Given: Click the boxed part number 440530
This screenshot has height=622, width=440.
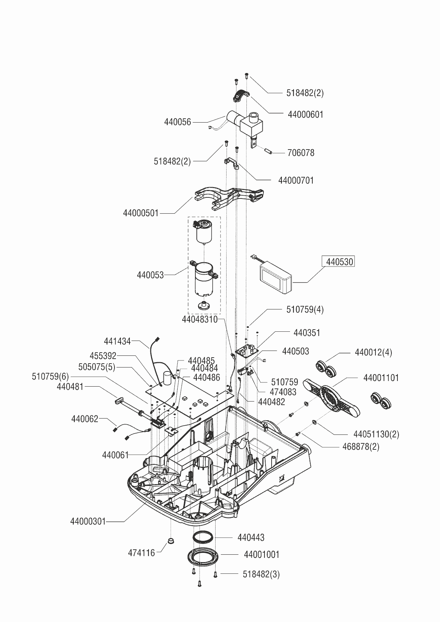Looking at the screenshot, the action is [x=340, y=262].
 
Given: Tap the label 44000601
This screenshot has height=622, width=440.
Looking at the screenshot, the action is [x=306, y=114].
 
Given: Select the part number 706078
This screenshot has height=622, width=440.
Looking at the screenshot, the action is [x=301, y=153].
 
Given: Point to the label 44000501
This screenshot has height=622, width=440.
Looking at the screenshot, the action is [x=141, y=213].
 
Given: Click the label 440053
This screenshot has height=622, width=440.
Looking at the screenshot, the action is [x=150, y=275].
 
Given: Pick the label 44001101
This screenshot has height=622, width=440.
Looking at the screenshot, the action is [x=381, y=378].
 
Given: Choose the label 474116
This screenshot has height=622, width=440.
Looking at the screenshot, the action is [x=141, y=553].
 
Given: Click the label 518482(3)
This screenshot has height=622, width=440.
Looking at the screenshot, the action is [x=261, y=574].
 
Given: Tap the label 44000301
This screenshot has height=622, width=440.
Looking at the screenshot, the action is [x=88, y=521].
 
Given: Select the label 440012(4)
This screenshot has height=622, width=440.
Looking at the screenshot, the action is [x=373, y=353].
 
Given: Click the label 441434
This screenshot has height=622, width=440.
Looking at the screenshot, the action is [x=117, y=341].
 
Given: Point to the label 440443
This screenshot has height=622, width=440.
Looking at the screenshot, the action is [x=251, y=538].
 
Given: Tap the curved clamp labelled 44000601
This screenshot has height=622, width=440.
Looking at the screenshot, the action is [x=241, y=95].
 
